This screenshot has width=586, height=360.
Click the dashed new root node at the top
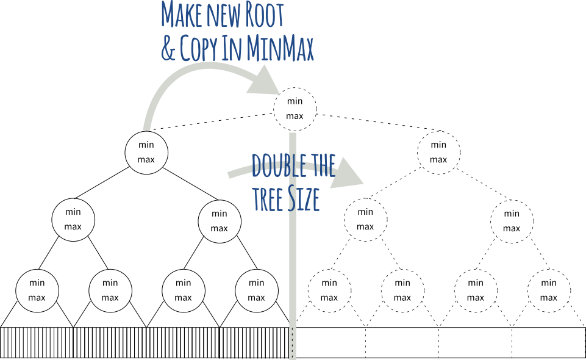[295, 109]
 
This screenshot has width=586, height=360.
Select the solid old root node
[146, 152]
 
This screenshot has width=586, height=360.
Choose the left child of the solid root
[73, 220]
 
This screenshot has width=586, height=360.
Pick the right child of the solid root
[220, 220]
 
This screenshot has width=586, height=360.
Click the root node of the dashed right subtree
[438, 152]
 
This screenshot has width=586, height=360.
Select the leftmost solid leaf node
[37, 290]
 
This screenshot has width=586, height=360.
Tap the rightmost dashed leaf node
[549, 290]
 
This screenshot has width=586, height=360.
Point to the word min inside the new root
[295, 101]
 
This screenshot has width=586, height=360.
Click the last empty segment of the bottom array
[548, 342]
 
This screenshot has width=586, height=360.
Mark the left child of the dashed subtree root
[365, 220]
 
